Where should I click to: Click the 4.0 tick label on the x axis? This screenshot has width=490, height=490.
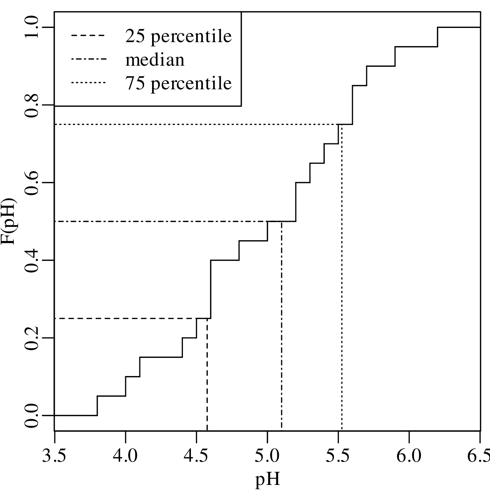pos(125,456)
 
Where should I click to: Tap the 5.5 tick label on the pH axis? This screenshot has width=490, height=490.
pos(338,456)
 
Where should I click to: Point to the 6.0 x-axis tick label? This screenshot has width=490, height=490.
pos(409,456)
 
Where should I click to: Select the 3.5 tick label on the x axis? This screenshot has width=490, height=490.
pos(54,456)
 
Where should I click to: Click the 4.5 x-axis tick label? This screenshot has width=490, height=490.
pos(196,456)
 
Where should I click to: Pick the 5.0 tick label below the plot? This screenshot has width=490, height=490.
pos(267,456)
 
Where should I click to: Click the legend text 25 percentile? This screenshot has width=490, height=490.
pos(178,36)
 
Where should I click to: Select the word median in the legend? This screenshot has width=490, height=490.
pos(155,60)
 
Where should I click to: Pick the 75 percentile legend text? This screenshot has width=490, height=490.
pos(178,83)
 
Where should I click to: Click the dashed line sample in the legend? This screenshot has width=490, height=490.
pos(89,36)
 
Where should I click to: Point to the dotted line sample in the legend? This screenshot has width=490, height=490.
pos(89,83)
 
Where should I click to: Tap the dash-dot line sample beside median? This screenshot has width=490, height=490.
pos(89,60)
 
